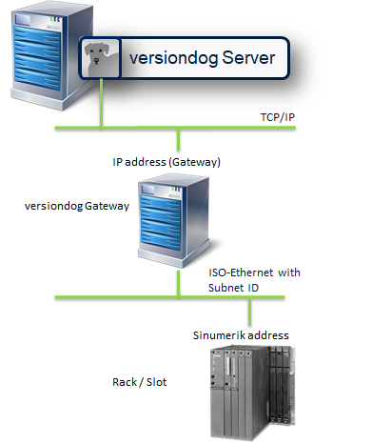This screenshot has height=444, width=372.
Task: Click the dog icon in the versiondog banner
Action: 96,59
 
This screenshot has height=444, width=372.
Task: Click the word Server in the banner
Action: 242,59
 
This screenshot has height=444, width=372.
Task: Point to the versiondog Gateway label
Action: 77,206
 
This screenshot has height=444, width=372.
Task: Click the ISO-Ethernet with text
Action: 254,272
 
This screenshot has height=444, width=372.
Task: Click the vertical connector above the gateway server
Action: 174,139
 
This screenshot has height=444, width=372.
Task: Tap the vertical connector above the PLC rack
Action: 250,311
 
